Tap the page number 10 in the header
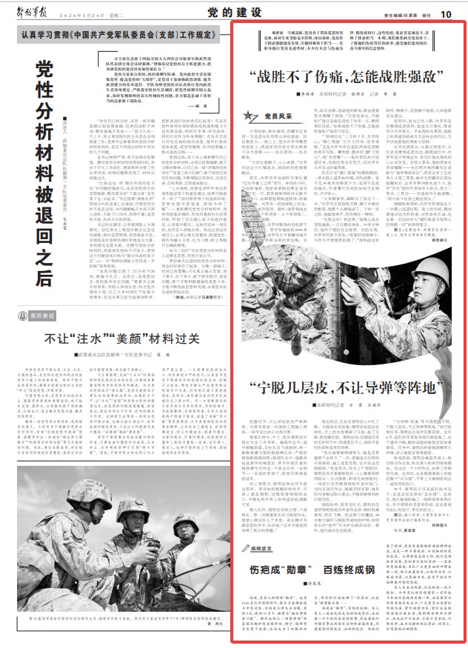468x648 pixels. pos(446,13)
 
